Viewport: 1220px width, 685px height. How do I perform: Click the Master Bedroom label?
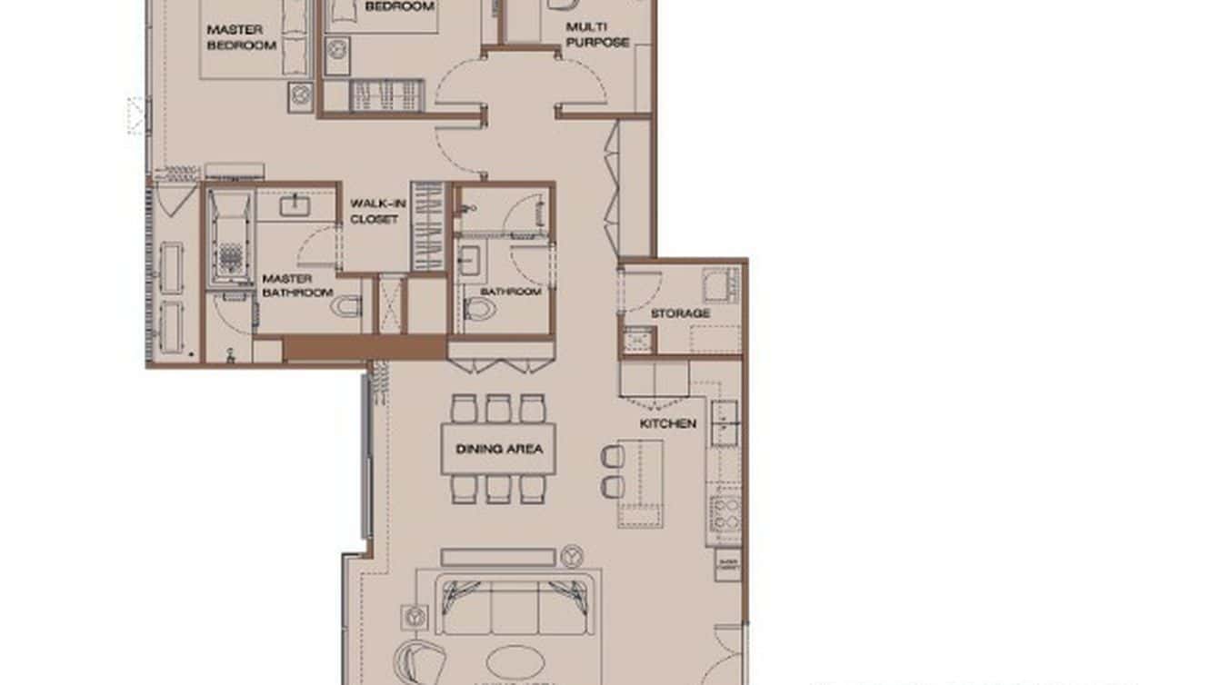pos(241,37)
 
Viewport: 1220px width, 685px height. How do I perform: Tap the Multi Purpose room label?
pos(597,35)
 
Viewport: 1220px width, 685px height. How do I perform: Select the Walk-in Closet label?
pos(375,212)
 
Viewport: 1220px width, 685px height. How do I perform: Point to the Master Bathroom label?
pos(298,285)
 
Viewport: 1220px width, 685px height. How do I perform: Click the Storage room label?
pos(680,313)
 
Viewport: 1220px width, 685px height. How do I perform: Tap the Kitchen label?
pos(668,423)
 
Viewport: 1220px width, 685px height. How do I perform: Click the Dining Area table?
pos(498,449)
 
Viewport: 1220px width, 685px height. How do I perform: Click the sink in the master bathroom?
pos(295,206)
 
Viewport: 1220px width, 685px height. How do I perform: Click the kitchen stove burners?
pos(726,513)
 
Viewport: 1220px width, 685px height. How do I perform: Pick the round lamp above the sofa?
pos(572,555)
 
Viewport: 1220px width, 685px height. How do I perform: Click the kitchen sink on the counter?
pos(725,422)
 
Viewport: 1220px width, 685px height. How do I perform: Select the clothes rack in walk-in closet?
pos(427,226)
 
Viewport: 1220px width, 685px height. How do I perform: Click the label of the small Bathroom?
pos(511,292)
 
